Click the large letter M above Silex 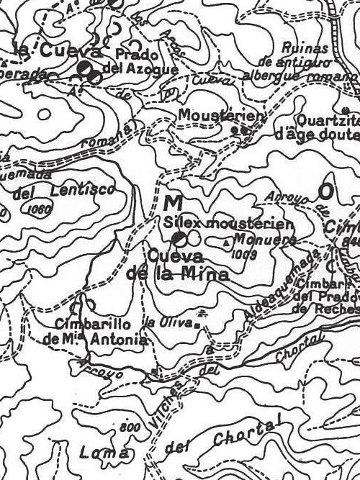[x=173, y=202]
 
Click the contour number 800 [x=129, y=427]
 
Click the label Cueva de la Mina [x=177, y=264]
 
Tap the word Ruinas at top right [x=306, y=49]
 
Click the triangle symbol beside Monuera [x=228, y=243]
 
